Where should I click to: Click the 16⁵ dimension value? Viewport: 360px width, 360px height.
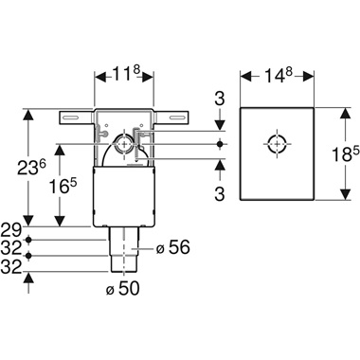click(x=63, y=185)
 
